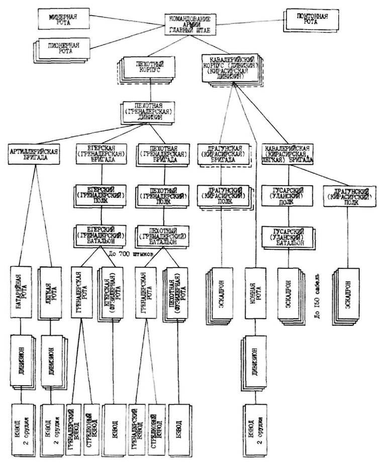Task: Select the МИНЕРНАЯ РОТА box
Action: point(61,18)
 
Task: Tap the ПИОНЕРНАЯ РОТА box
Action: point(62,48)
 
